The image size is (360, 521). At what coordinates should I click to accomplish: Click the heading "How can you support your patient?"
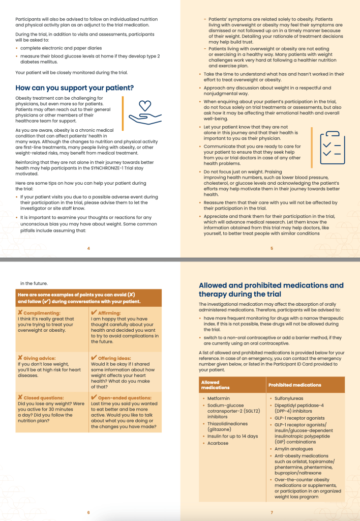point(75,88)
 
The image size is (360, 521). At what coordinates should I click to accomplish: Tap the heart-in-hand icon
point(145,112)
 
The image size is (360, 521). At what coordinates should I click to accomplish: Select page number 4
point(88,248)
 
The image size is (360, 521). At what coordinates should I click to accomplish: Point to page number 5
point(272,248)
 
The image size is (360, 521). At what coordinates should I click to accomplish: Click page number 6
point(88,512)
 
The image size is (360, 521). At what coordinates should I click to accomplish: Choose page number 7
point(272,512)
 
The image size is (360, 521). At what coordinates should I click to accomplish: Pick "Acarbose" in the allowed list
point(218,443)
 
